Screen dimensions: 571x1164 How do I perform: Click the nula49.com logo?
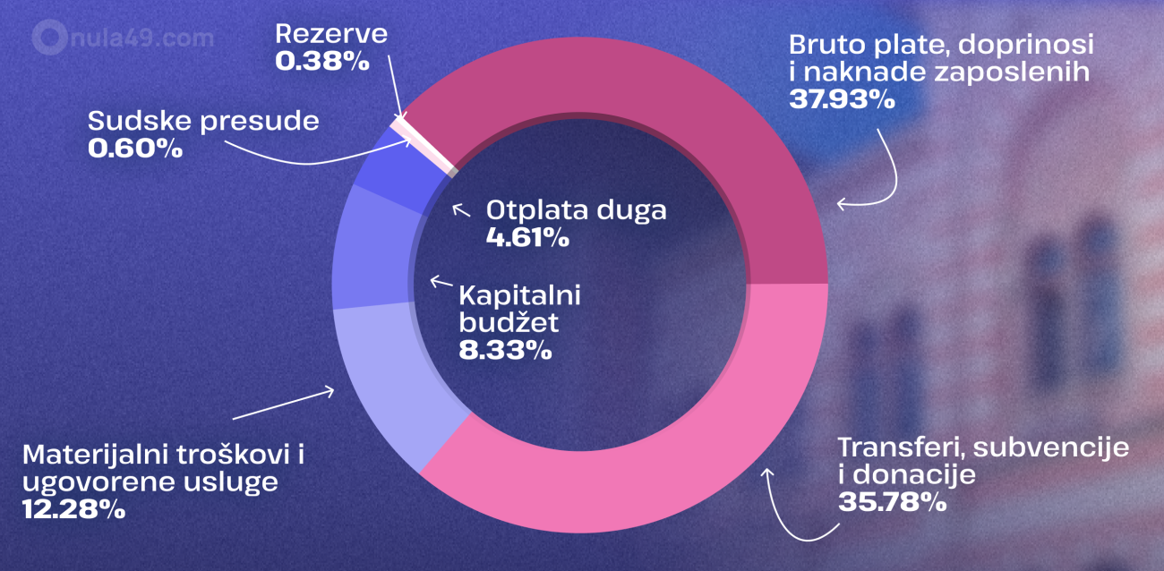click(123, 38)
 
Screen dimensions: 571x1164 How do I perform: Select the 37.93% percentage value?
click(842, 98)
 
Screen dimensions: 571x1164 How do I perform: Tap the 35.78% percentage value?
click(892, 502)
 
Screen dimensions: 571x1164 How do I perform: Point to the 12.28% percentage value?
click(73, 509)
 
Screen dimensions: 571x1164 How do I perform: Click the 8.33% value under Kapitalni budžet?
click(504, 349)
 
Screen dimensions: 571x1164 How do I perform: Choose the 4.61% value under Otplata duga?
click(527, 238)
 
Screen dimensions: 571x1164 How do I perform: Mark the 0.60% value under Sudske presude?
click(135, 148)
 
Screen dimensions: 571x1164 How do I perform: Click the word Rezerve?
click(331, 35)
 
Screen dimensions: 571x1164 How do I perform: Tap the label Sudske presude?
click(203, 121)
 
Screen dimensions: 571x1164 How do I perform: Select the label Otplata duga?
click(577, 211)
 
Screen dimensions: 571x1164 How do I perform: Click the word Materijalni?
click(106, 456)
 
